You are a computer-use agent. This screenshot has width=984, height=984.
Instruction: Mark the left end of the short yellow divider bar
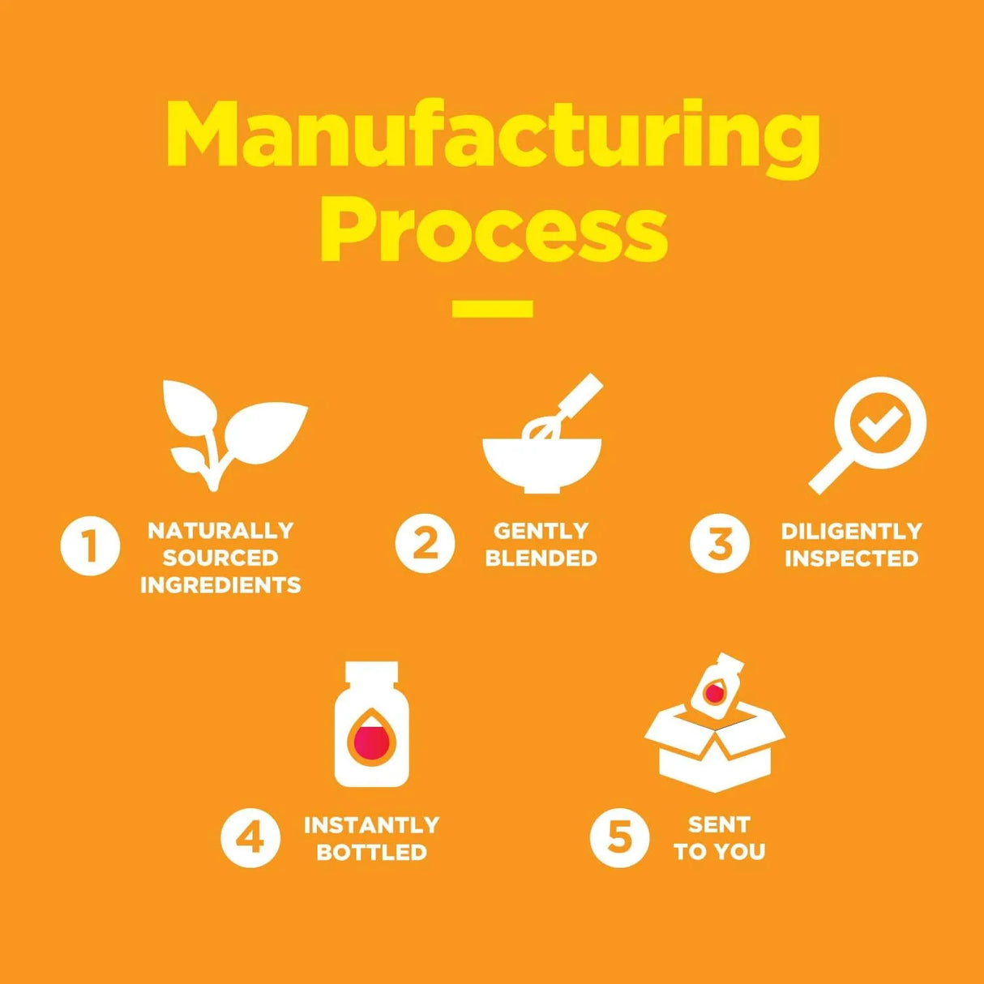(x=453, y=309)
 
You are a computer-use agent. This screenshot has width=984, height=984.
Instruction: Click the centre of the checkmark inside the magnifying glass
(x=879, y=426)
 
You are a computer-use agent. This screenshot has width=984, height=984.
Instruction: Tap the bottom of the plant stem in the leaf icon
(x=213, y=487)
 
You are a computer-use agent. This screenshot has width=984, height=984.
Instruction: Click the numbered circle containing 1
(x=91, y=546)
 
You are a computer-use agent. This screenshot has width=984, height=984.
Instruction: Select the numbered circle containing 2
(x=425, y=543)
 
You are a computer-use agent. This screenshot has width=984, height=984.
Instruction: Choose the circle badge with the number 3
(x=720, y=543)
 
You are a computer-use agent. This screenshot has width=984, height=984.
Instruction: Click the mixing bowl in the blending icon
(x=542, y=467)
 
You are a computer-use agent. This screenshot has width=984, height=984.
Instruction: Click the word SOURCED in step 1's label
(x=220, y=558)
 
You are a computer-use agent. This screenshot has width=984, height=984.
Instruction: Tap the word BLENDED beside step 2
(x=541, y=558)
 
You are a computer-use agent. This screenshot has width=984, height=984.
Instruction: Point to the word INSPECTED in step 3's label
(x=851, y=558)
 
